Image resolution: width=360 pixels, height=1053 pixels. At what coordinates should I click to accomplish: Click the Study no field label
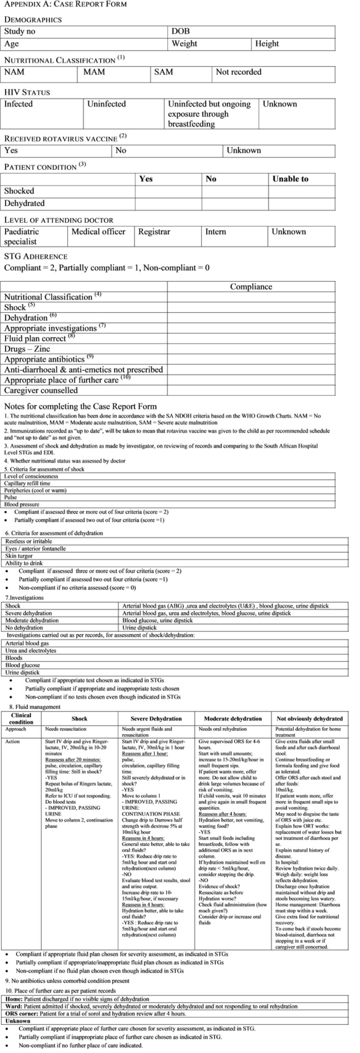pos(20,32)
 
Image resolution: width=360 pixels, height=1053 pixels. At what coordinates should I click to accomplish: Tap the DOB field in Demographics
pos(180,32)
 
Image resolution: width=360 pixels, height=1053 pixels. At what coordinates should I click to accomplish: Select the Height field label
pos(267,44)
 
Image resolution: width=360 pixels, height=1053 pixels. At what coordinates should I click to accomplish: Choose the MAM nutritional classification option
pos(94,72)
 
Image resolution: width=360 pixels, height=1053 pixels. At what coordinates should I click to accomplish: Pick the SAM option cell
pos(163,72)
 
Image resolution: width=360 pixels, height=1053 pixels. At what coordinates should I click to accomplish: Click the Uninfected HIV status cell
pos(106,104)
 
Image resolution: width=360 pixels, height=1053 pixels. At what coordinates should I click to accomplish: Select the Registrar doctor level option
pos(154,232)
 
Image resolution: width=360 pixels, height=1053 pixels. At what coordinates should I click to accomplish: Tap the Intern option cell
pos(216,232)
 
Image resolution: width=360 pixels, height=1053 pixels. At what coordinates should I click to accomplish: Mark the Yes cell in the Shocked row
pos(168,191)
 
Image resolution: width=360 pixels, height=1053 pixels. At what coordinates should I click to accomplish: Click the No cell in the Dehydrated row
pos(235,203)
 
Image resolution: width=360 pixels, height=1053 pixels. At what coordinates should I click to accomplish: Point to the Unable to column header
pos(290,179)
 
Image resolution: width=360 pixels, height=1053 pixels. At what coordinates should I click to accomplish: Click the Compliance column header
pos(251,287)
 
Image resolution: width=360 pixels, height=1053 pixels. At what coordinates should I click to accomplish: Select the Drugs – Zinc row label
pos(27,349)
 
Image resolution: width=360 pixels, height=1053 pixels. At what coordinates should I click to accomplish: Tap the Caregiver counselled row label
pos(41,390)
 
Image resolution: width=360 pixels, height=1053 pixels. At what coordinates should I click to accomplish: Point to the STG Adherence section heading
pos(36,256)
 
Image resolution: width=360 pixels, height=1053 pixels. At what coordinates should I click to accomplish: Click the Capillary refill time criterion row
pos(27,483)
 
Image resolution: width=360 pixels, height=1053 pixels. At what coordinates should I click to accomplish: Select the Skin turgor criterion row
pos(19,556)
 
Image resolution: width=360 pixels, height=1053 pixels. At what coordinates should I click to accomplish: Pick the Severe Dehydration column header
pos(156,718)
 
